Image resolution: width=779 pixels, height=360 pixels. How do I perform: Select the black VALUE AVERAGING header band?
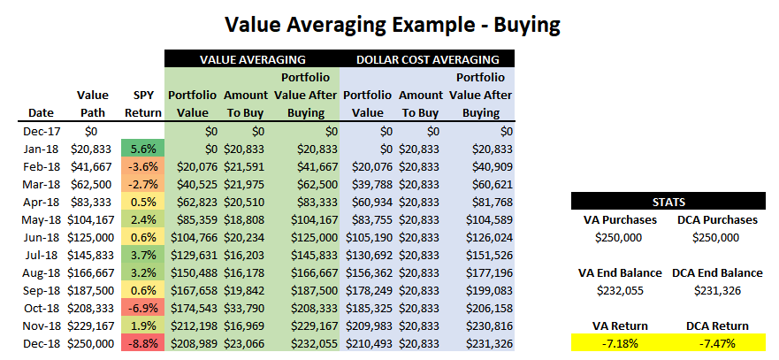pos(252,59)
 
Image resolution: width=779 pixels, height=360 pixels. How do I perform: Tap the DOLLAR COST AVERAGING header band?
pos(427,59)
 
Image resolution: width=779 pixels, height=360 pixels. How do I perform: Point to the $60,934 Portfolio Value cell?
pos(368,202)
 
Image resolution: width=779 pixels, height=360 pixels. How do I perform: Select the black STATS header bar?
pos(667,202)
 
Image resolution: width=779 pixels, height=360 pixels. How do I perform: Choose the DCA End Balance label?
pos(717,273)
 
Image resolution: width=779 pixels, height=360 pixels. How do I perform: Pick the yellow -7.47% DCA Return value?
pos(717,343)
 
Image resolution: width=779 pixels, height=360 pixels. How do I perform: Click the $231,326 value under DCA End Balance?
pos(717,290)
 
